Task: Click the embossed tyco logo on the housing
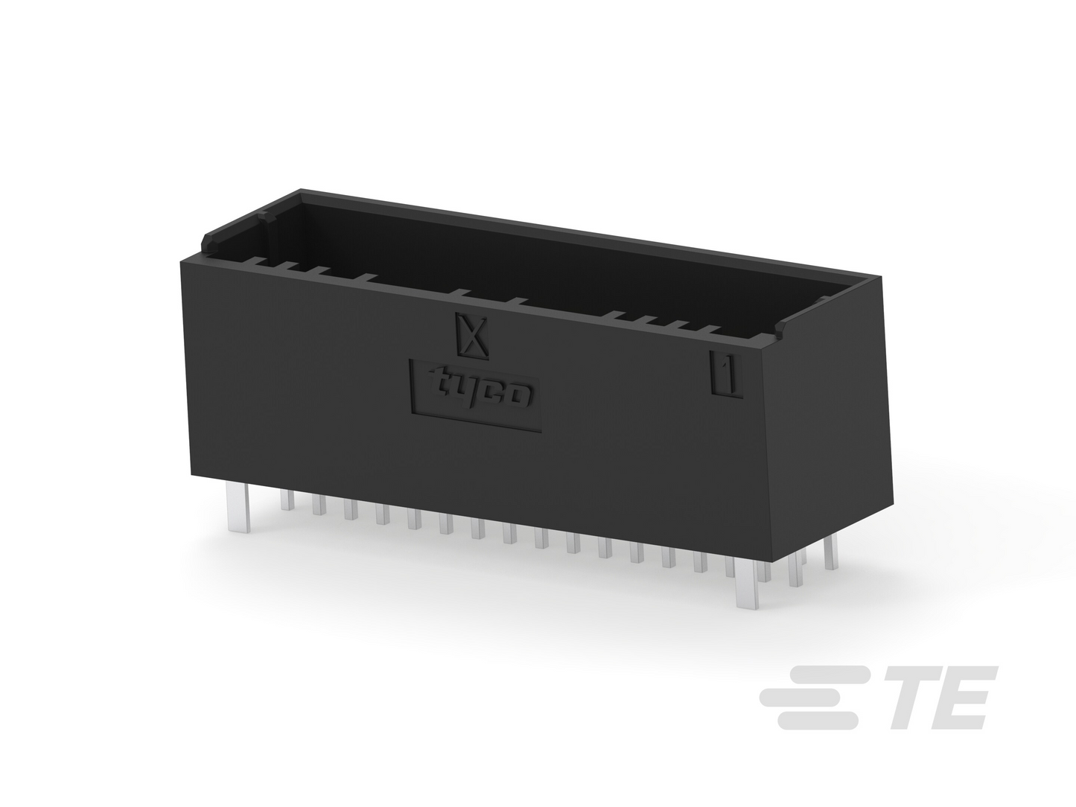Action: [x=475, y=395]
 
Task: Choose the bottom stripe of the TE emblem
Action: [x=818, y=721]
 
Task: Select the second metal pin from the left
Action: [x=287, y=500]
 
